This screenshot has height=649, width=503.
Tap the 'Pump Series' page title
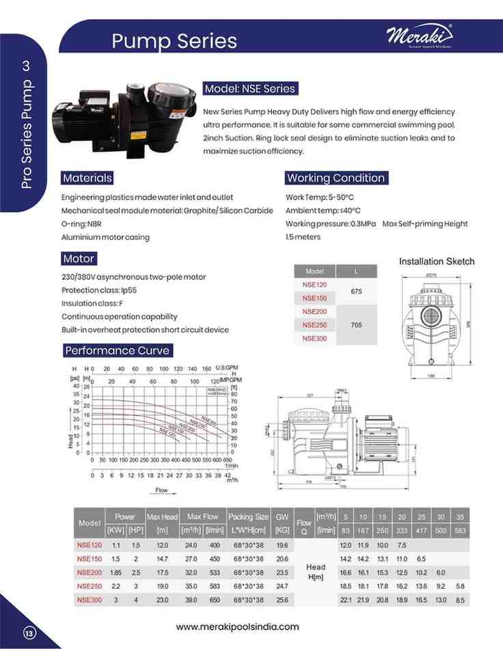(x=174, y=41)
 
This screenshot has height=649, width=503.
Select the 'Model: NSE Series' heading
(x=250, y=89)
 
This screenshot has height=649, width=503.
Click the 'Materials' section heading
(x=87, y=178)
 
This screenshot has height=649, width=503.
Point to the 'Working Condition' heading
(x=336, y=178)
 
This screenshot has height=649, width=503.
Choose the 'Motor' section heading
(x=79, y=259)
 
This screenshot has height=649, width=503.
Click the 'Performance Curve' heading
(x=117, y=350)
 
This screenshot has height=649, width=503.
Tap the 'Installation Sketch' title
(x=436, y=262)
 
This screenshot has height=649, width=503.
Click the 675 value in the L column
(x=356, y=291)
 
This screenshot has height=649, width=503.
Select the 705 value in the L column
(x=356, y=325)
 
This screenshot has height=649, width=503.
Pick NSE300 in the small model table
(x=314, y=339)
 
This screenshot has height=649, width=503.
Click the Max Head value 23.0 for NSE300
(x=162, y=600)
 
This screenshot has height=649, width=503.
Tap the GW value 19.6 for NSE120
(x=282, y=545)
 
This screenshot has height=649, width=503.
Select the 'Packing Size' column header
(x=248, y=517)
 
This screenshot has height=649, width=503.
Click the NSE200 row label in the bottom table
(x=90, y=572)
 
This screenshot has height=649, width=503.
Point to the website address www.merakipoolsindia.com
(x=237, y=626)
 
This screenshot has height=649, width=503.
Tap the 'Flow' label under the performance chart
(x=161, y=491)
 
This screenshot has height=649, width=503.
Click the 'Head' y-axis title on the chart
(x=71, y=438)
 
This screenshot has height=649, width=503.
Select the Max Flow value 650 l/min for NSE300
(x=215, y=600)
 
